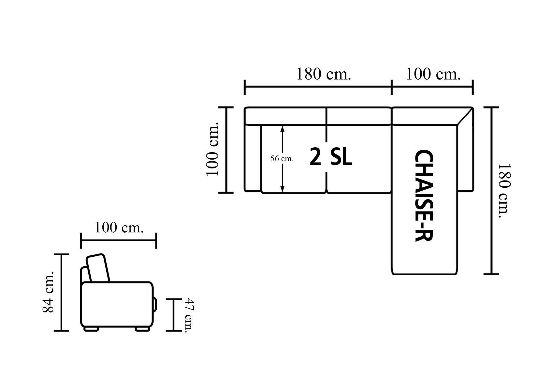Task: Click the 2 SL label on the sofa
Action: [x=331, y=157]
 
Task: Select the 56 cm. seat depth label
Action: [x=282, y=159]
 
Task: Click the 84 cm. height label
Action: [x=49, y=292]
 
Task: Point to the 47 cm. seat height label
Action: [x=189, y=315]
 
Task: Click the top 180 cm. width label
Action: [x=323, y=74]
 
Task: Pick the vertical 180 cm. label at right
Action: [x=503, y=191]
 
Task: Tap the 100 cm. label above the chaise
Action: [x=433, y=74]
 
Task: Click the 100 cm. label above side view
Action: [x=119, y=227]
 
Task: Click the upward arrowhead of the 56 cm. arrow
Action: [x=283, y=128]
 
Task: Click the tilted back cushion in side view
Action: [x=97, y=268]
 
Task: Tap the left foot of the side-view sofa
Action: [x=91, y=329]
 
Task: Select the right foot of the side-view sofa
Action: [x=142, y=329]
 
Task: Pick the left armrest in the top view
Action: [x=253, y=158]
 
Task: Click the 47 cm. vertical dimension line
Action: [x=173, y=315]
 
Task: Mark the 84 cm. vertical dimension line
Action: [x=61, y=292]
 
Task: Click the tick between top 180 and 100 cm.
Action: [x=392, y=87]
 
